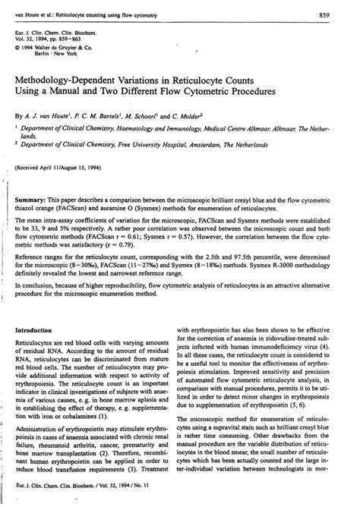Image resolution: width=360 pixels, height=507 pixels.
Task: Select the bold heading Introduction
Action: tap(43, 332)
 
